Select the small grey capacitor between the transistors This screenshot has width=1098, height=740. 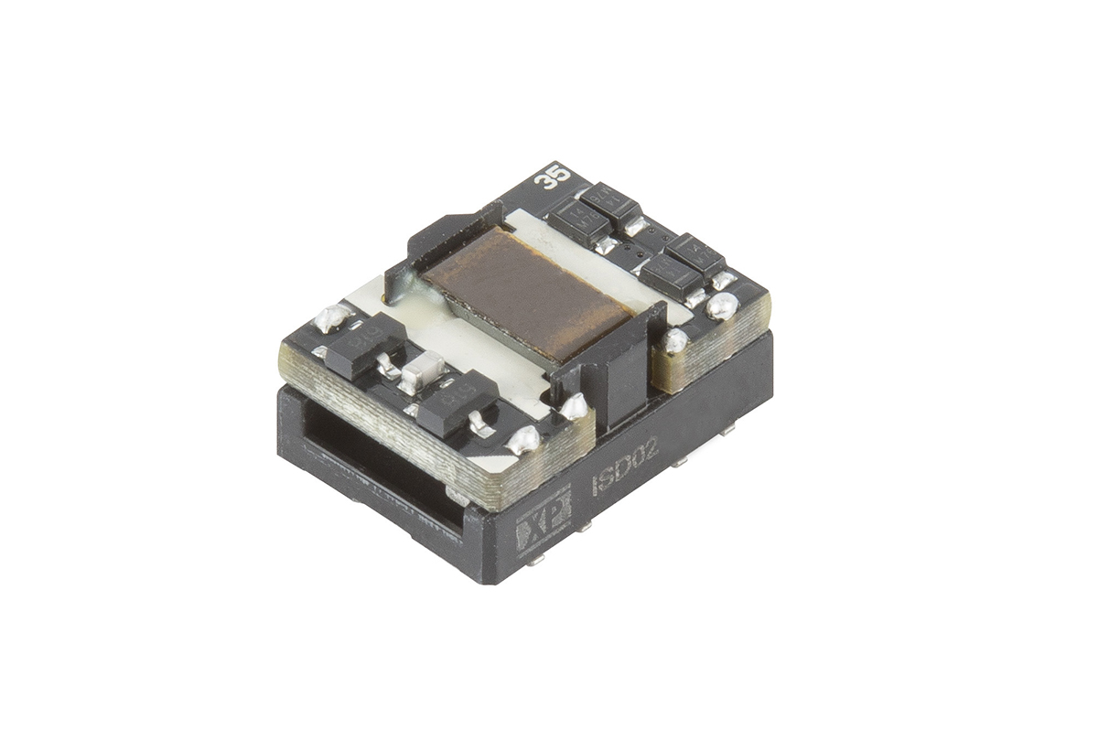(423, 370)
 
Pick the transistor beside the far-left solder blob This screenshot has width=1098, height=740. (364, 342)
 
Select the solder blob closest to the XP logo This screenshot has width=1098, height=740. (524, 440)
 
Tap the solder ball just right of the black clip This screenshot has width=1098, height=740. (674, 340)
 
